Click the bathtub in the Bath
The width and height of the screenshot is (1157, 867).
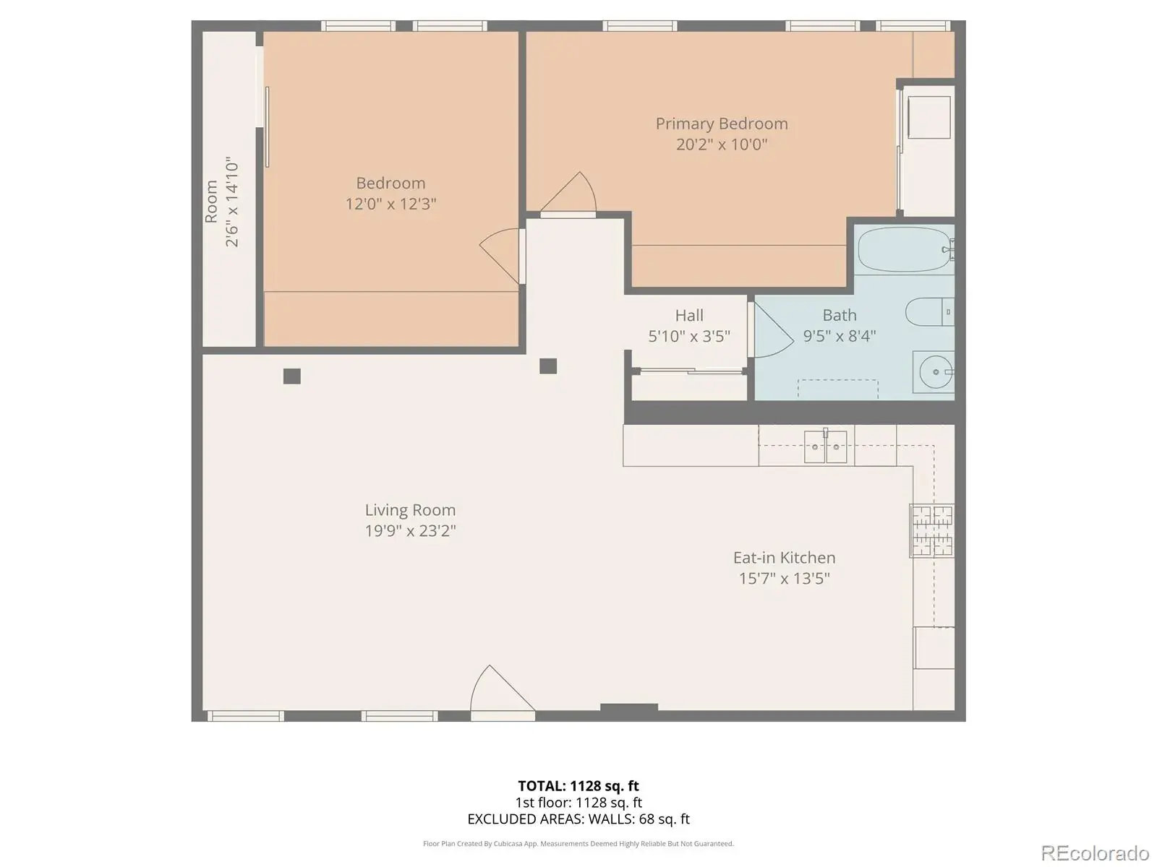tap(905, 249)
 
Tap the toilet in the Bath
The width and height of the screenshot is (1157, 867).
tap(929, 311)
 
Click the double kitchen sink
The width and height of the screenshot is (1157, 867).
tap(825, 447)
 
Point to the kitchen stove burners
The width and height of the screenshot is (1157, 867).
tap(932, 530)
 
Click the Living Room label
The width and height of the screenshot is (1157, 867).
tap(410, 509)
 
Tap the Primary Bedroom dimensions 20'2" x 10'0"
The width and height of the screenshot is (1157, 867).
tap(722, 144)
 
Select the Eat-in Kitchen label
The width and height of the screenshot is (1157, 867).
tap(785, 558)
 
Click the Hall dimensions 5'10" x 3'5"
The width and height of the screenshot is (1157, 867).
tap(689, 336)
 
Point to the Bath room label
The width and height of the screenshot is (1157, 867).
tap(840, 315)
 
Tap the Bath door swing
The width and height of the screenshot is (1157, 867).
tap(773, 329)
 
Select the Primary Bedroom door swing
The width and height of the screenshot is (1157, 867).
tap(569, 191)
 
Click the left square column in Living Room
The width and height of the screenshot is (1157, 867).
tap(292, 376)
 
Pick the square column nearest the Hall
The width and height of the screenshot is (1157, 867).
tap(548, 366)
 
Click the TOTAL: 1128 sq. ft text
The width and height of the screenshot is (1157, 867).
tap(578, 786)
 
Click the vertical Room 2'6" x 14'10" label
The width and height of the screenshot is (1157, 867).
tap(222, 202)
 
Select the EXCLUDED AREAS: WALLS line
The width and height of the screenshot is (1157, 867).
tap(578, 819)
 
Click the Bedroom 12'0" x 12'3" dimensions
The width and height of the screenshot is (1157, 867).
tap(390, 204)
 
